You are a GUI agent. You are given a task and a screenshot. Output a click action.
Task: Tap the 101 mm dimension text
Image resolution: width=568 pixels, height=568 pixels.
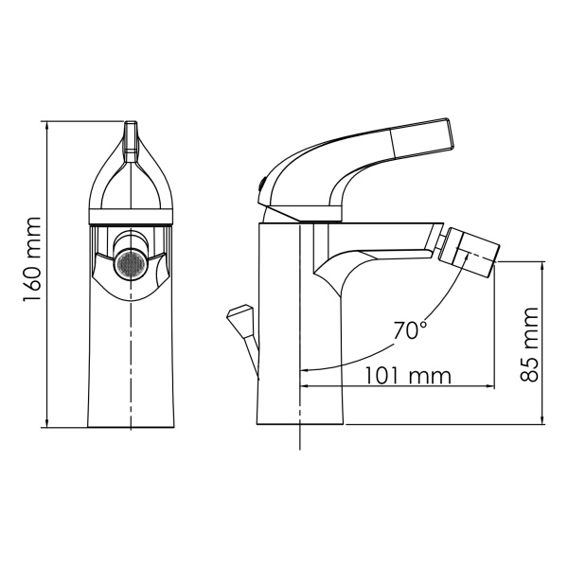point(406,375)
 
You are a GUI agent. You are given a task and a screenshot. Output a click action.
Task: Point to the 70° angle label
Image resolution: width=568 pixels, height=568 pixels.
point(410,330)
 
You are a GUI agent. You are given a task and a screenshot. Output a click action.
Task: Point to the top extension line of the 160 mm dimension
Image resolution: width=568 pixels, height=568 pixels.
point(85,120)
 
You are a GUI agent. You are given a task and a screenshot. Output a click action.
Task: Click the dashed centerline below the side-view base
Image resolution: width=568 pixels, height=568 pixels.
point(301,437)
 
